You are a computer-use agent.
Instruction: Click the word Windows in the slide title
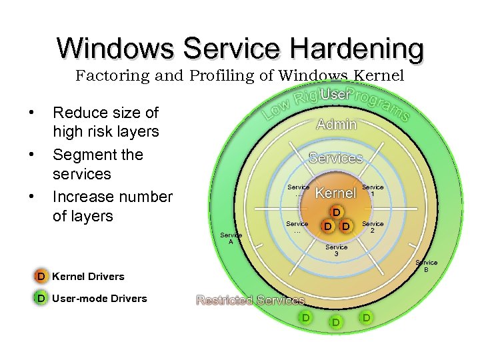click(115, 49)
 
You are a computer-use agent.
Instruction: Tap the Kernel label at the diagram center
click(335, 193)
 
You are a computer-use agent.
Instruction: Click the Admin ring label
click(336, 125)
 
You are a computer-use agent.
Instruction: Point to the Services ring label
click(335, 158)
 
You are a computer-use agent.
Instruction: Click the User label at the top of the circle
click(334, 95)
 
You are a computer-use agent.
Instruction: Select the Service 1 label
click(373, 191)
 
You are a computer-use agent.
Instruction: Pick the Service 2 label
click(373, 227)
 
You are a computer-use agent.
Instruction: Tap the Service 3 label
click(336, 250)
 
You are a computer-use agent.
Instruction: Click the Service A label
click(231, 238)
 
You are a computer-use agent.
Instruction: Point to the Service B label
click(427, 266)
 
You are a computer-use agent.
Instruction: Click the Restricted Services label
click(251, 301)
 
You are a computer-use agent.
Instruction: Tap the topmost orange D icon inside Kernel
click(337, 213)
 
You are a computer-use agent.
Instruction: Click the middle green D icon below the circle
click(336, 323)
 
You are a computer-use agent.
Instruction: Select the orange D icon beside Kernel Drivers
click(41, 276)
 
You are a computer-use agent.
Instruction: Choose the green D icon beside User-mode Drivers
click(41, 298)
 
